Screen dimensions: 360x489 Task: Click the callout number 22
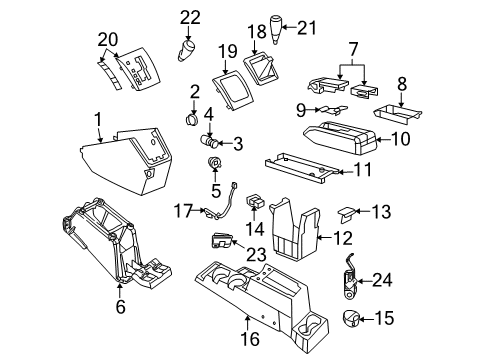189,16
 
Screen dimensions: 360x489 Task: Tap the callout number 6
119,308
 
